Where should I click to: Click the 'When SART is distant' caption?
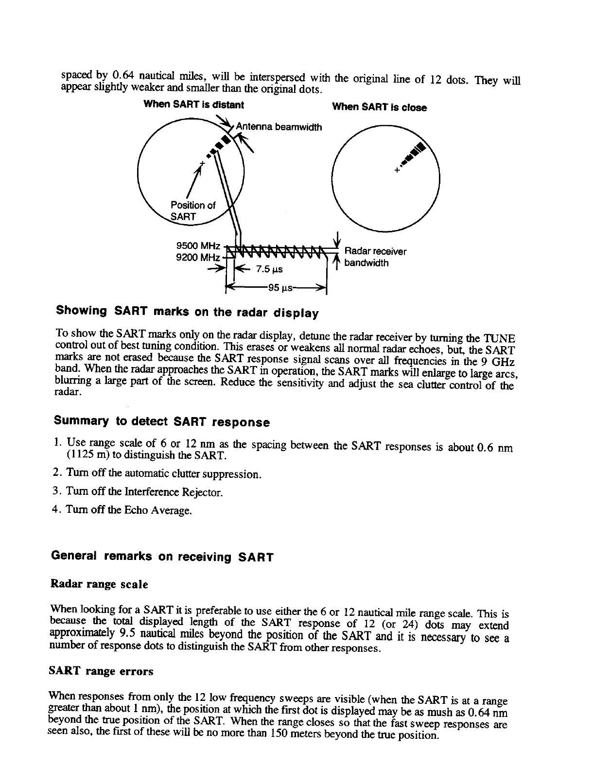pyautogui.click(x=193, y=105)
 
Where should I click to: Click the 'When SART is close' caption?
pyautogui.click(x=379, y=107)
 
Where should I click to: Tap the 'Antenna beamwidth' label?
pyautogui.click(x=279, y=127)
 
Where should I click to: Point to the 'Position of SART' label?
pyautogui.click(x=192, y=210)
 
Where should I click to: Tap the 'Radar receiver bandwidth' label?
pyautogui.click(x=375, y=257)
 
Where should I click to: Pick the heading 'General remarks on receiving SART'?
pyautogui.click(x=162, y=556)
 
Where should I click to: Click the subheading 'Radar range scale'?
pyautogui.click(x=99, y=584)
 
